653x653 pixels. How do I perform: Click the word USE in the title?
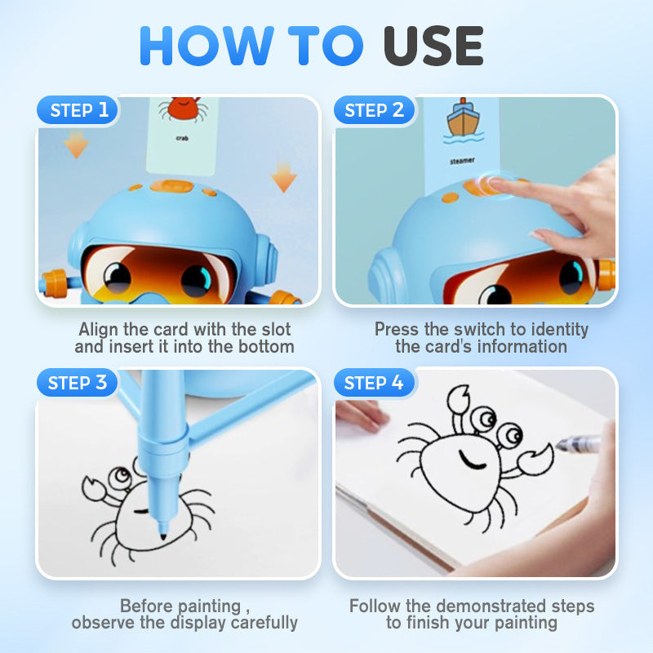pyautogui.click(x=433, y=46)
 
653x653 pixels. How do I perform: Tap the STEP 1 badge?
pyautogui.click(x=78, y=110)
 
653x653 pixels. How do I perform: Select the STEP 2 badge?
pyautogui.click(x=374, y=110)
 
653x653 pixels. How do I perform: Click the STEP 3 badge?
pyautogui.click(x=77, y=382)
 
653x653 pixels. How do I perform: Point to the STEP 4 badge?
pyautogui.click(x=374, y=382)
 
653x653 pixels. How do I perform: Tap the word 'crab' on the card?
pyautogui.click(x=182, y=138)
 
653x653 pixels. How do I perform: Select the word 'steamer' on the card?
pyautogui.click(x=462, y=161)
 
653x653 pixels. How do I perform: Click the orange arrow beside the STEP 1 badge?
pyautogui.click(x=76, y=144)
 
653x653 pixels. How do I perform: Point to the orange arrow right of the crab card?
pyautogui.click(x=283, y=178)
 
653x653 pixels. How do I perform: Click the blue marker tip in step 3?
pyautogui.click(x=162, y=534)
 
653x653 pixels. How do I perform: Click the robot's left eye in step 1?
pyautogui.click(x=118, y=277)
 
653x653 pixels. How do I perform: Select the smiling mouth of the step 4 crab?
pyautogui.click(x=471, y=460)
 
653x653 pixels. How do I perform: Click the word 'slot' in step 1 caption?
pyautogui.click(x=276, y=329)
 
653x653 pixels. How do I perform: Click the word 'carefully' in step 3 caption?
pyautogui.click(x=264, y=623)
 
